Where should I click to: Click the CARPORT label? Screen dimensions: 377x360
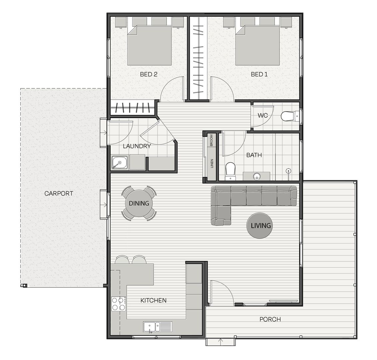tap(59, 193)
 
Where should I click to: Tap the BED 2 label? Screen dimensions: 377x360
tap(149, 74)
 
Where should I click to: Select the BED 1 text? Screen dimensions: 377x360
tap(259, 74)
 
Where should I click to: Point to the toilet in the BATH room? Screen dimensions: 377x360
tap(230, 171)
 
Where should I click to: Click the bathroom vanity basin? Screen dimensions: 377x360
tap(257, 176)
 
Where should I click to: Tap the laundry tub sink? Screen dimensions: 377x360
tap(120, 163)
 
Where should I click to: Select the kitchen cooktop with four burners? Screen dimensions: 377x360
tap(119, 304)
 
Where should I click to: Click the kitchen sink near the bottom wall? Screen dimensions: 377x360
tap(158, 327)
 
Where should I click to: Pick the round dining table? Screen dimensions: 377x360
tap(139, 203)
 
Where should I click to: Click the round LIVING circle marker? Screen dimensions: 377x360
tap(260, 225)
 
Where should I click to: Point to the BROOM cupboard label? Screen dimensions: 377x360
tap(211, 140)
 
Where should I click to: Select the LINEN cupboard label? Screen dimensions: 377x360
tap(212, 163)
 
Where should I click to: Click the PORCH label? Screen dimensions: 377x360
tap(270, 319)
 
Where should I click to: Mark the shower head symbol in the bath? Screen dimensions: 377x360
tap(288, 171)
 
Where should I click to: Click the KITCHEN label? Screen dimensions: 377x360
tap(154, 300)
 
